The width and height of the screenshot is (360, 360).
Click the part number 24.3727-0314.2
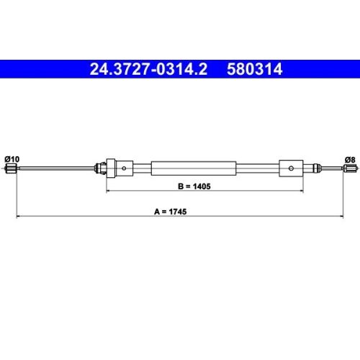148,69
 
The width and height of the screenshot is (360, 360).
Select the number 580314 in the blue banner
255,69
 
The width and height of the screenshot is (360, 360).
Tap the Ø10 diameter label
12,159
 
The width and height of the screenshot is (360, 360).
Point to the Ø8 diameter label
350,160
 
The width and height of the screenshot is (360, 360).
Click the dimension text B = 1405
194,186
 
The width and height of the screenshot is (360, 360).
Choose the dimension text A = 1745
170,212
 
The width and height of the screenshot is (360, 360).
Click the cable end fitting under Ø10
11,168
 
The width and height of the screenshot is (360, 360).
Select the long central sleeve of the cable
194,168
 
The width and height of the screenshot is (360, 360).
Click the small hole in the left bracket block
124,168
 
